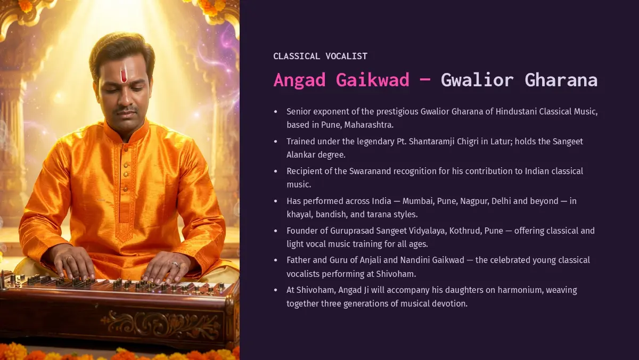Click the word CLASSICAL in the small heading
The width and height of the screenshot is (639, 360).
(x=297, y=56)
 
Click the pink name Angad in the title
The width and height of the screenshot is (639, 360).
(x=299, y=80)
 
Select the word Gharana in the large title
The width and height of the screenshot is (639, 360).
(x=561, y=80)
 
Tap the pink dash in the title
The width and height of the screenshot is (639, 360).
(x=425, y=79)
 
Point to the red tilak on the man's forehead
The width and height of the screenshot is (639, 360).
(x=124, y=76)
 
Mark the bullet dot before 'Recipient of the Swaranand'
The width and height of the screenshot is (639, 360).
(x=276, y=171)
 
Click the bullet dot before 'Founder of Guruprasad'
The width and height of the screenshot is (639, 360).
(x=276, y=231)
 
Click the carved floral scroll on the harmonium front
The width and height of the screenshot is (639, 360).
(x=160, y=324)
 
